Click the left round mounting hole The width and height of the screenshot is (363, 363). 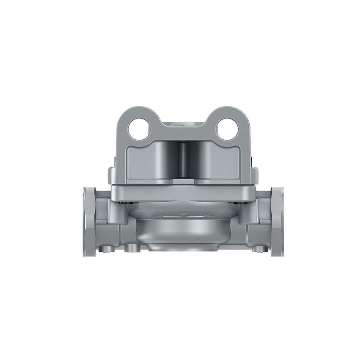point(139,129)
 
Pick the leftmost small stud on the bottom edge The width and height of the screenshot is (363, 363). point(107,249)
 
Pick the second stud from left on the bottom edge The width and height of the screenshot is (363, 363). point(132,248)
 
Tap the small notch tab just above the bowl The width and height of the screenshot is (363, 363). point(182,213)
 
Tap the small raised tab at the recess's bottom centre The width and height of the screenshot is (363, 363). point(183,180)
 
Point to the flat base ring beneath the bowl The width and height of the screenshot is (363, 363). point(182,247)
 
